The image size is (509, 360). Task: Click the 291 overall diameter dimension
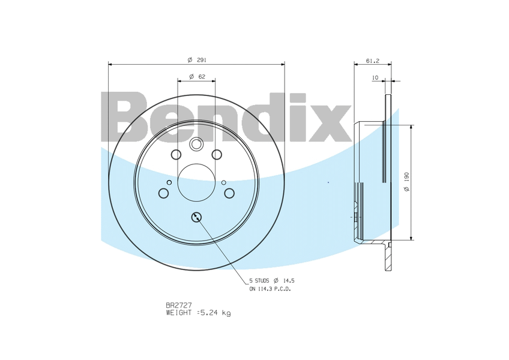click(197, 60)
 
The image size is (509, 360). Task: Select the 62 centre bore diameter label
click(197, 77)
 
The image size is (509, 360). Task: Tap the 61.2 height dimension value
click(373, 61)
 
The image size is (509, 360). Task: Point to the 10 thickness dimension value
click(375, 77)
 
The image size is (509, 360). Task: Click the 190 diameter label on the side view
click(407, 181)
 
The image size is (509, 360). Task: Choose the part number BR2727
click(179, 305)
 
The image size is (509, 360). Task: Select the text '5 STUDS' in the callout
click(259, 281)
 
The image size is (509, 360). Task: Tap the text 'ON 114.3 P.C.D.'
click(270, 289)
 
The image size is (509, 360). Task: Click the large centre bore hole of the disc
click(196, 182)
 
